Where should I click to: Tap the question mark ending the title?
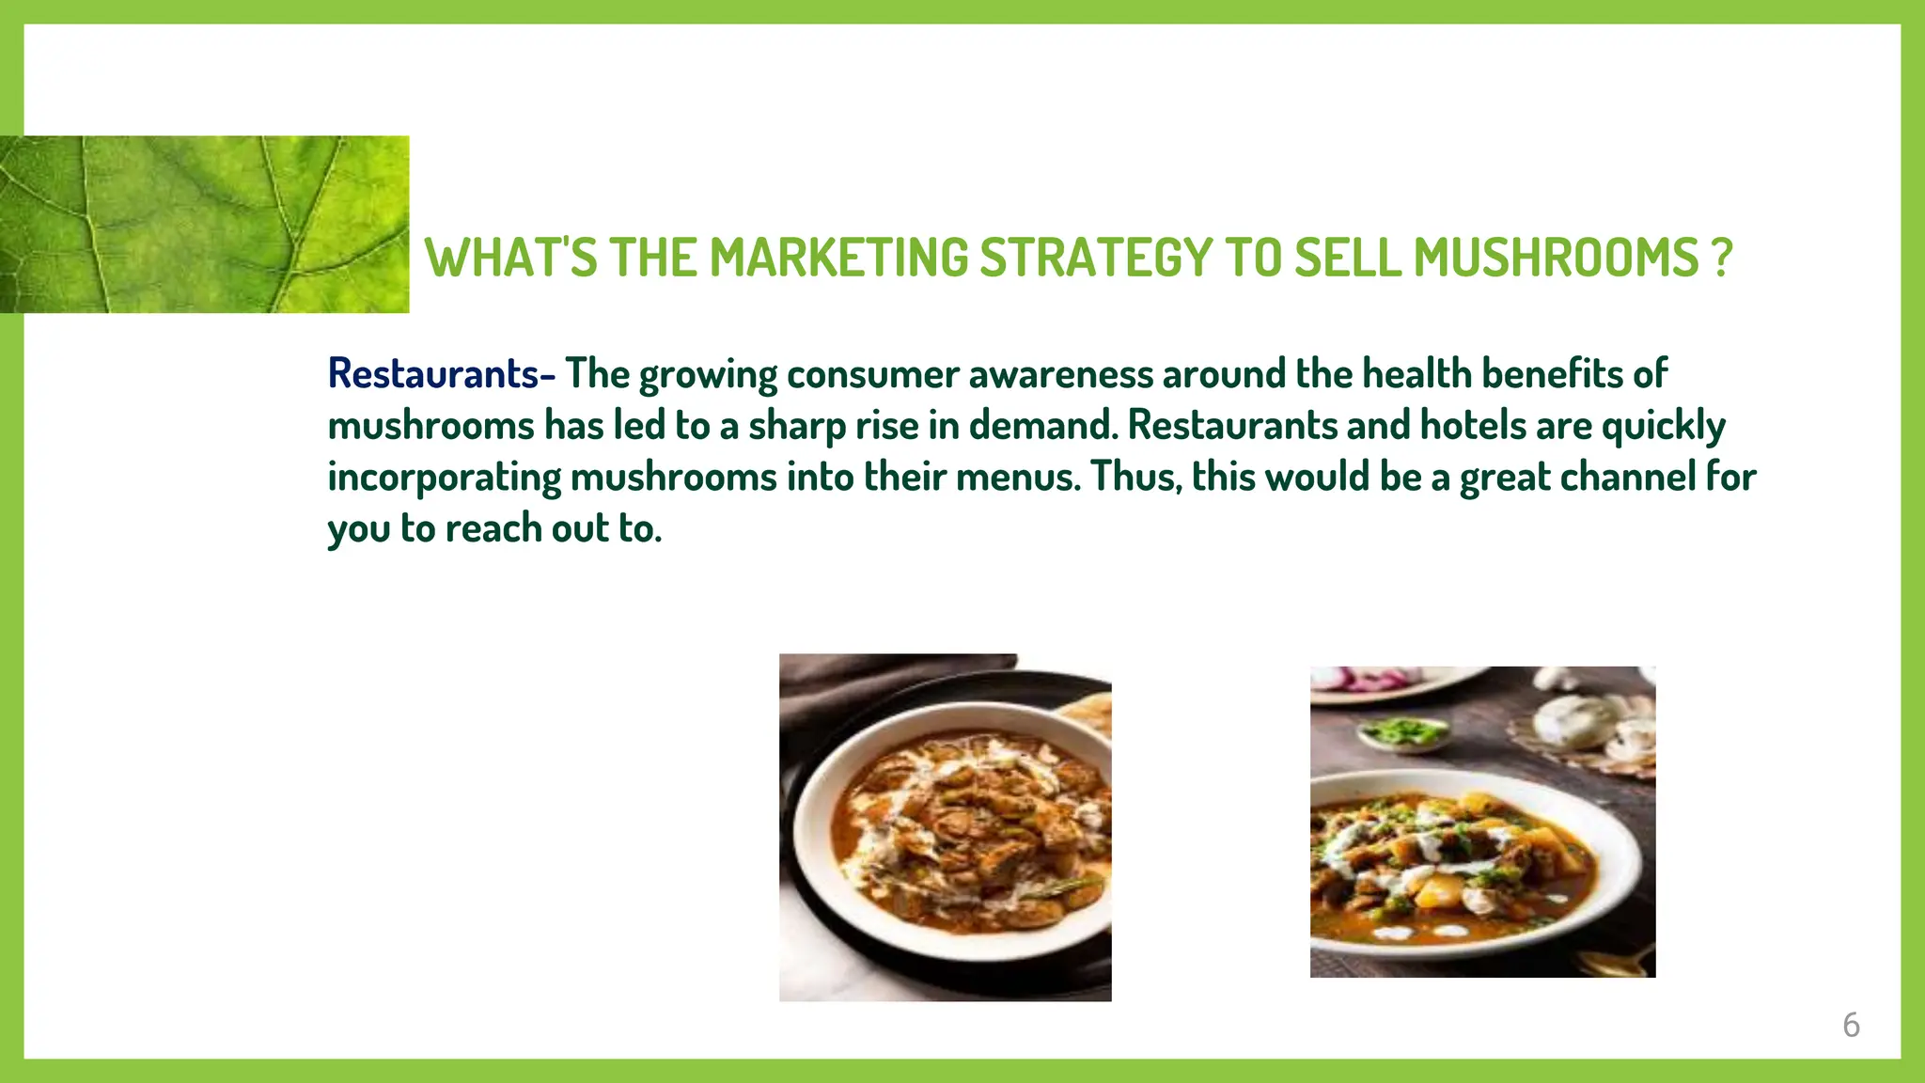point(1721,258)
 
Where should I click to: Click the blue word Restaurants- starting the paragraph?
point(441,374)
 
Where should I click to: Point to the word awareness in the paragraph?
point(1060,374)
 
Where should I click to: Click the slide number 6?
point(1851,1025)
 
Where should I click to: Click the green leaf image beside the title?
point(204,224)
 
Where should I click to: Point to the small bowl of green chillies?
point(1403,732)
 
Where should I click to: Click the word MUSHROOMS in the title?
point(1556,258)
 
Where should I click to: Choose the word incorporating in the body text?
point(444,478)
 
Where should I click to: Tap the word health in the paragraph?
point(1416,374)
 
